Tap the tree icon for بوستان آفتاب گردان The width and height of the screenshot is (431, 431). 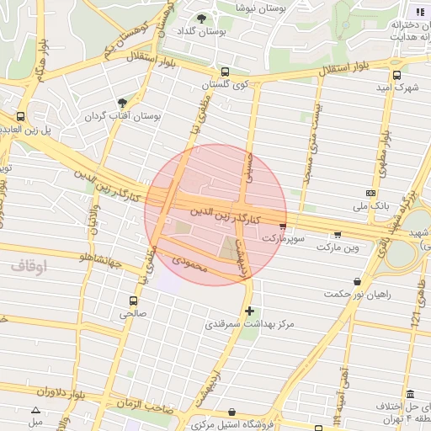pyautogui.click(x=124, y=102)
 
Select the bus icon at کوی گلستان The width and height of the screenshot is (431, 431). pyautogui.click(x=224, y=72)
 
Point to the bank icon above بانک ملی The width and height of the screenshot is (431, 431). pyautogui.click(x=371, y=193)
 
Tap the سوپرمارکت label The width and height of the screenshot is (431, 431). pyautogui.click(x=281, y=239)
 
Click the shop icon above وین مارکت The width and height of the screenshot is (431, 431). pyautogui.click(x=338, y=235)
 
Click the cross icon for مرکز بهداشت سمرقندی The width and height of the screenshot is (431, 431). pyautogui.click(x=249, y=311)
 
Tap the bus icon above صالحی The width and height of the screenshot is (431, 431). pyautogui.click(x=133, y=300)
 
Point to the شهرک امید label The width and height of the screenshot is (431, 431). pyautogui.click(x=399, y=88)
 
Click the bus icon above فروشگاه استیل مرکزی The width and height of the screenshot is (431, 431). pyautogui.click(x=232, y=412)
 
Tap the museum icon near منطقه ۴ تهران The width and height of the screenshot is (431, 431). pyautogui.click(x=410, y=395)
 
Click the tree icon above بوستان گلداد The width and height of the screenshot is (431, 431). pyautogui.click(x=200, y=18)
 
